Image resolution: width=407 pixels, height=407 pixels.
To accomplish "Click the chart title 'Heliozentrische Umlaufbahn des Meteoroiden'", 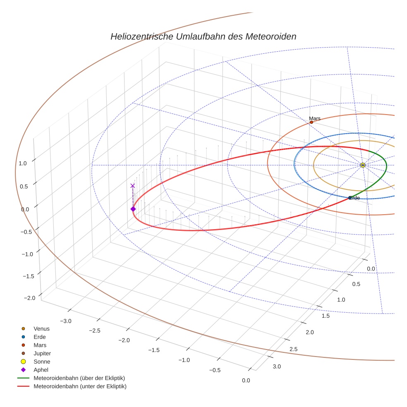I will click(x=203, y=36).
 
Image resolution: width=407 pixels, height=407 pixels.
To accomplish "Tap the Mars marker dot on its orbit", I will click(x=311, y=122).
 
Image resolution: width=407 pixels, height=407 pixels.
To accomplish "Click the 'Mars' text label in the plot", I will click(x=314, y=118).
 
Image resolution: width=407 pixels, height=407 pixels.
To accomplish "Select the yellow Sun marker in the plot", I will click(x=363, y=165).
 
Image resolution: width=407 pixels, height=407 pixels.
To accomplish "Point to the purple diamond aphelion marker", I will click(x=133, y=209).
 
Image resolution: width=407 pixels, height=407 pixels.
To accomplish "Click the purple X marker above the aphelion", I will click(x=132, y=186).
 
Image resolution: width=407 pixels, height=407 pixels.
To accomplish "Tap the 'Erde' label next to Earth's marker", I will click(x=354, y=198).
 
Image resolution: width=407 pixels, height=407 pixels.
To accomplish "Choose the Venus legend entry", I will click(x=41, y=329).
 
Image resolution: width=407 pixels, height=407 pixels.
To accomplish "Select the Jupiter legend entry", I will click(x=42, y=354).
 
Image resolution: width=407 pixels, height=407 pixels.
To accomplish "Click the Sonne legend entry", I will click(x=42, y=362).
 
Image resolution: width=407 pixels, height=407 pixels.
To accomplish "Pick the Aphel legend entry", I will click(x=41, y=370).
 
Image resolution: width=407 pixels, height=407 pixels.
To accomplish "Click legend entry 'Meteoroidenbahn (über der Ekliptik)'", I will click(x=79, y=378).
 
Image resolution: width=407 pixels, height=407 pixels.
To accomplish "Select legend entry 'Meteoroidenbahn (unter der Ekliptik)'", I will click(x=80, y=386).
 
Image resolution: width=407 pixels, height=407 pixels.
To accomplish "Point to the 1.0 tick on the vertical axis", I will click(x=22, y=163).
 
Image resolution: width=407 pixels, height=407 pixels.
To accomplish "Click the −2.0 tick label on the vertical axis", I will click(x=29, y=298).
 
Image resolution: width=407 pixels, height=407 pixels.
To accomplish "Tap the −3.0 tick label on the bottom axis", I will click(x=65, y=321).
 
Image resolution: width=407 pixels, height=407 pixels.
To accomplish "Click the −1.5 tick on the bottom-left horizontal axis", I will click(x=154, y=350).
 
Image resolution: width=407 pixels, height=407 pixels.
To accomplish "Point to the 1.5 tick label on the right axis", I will click(x=326, y=316).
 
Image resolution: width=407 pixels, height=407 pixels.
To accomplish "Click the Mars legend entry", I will click(x=40, y=345).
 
